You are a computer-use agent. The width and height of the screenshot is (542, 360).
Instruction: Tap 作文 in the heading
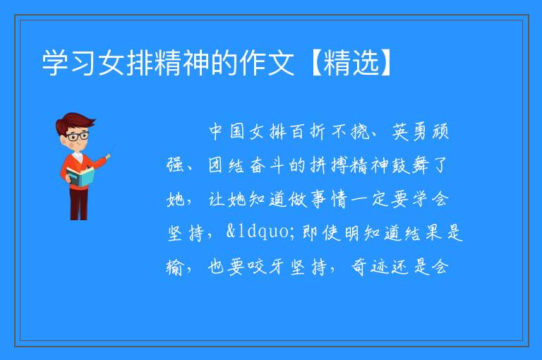[x=267, y=63]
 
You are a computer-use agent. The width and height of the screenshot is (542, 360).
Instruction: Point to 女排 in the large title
[x=126, y=63]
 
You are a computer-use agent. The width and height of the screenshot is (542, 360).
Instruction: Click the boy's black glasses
[x=78, y=136]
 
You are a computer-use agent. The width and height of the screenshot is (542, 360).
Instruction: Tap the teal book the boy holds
[x=80, y=176]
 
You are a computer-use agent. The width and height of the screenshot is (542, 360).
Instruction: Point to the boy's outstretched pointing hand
[x=108, y=157]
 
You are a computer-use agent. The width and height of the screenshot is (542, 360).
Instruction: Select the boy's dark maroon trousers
[x=79, y=204]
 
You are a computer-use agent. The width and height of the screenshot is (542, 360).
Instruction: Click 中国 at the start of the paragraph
[x=227, y=131]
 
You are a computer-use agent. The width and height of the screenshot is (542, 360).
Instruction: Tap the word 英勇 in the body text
[x=409, y=131]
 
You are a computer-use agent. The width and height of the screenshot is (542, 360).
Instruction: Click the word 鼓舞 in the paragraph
[x=409, y=165]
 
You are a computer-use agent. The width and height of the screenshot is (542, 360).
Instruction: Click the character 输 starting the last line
[x=174, y=267]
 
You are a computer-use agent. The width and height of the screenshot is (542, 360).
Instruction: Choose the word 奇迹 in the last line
[x=369, y=267]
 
